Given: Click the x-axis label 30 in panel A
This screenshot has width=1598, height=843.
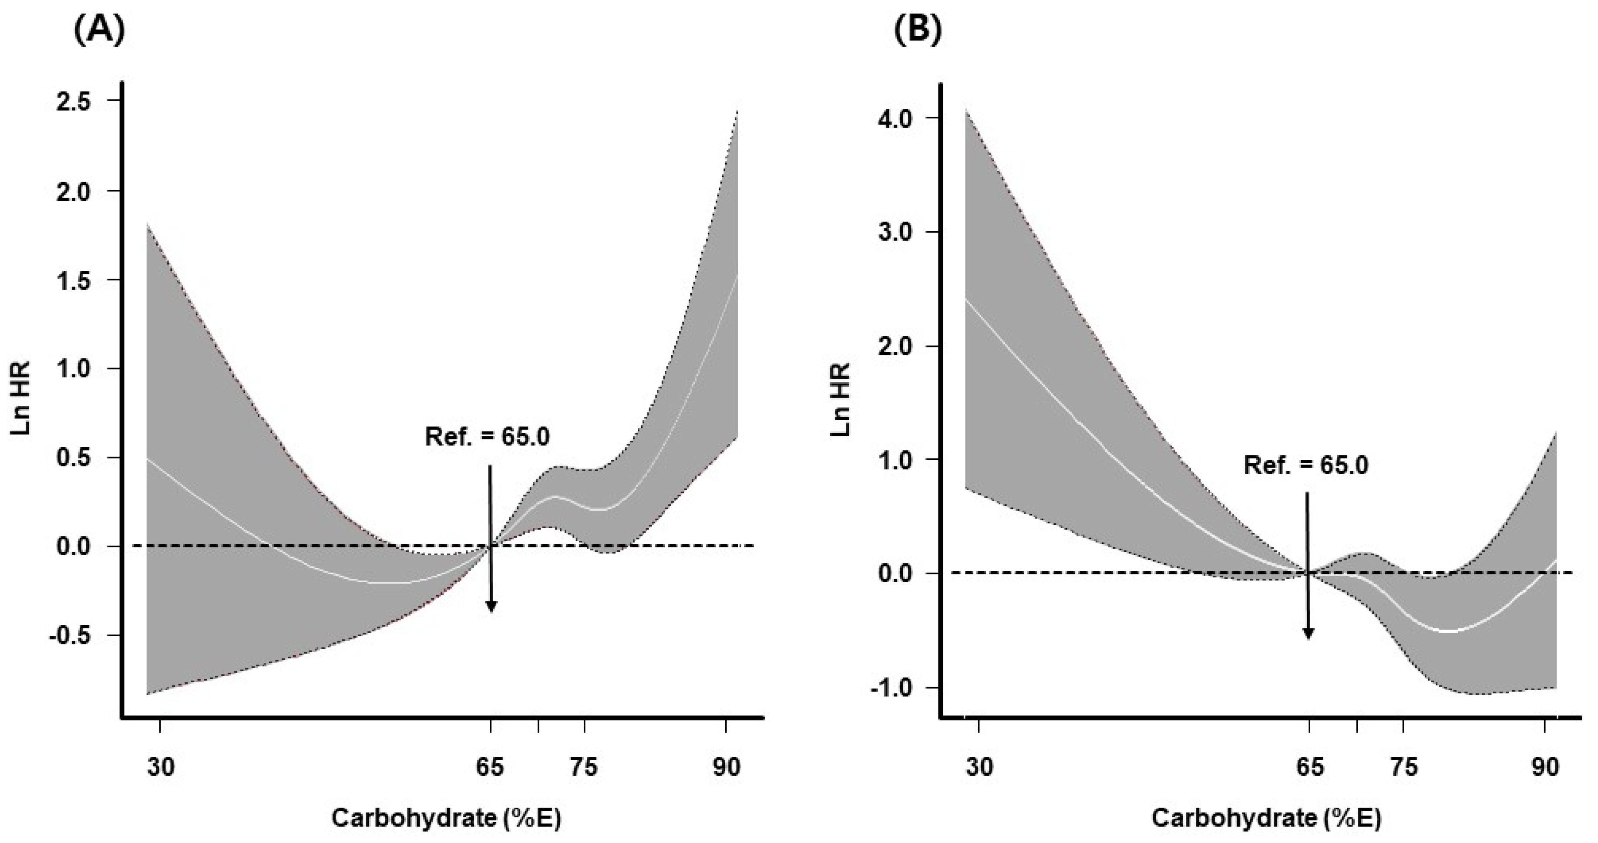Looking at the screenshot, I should click(x=161, y=767).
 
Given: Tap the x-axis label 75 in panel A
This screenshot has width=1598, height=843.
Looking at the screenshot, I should click(x=584, y=767).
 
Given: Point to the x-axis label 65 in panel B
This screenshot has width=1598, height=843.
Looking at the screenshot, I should click(x=1309, y=767).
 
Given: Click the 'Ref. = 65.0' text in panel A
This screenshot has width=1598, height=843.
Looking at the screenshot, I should click(x=487, y=437).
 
